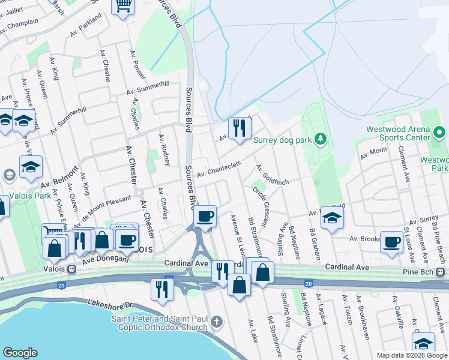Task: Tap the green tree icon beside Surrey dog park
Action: click(x=321, y=139)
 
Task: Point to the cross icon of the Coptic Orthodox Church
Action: click(x=217, y=323)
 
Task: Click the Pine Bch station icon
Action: click(x=441, y=273)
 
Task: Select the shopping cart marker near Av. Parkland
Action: click(x=123, y=7)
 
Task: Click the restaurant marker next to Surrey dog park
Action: click(x=239, y=128)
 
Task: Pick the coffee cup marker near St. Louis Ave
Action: click(x=391, y=242)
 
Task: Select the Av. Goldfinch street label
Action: click(x=272, y=175)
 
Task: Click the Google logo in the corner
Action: click(x=20, y=353)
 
